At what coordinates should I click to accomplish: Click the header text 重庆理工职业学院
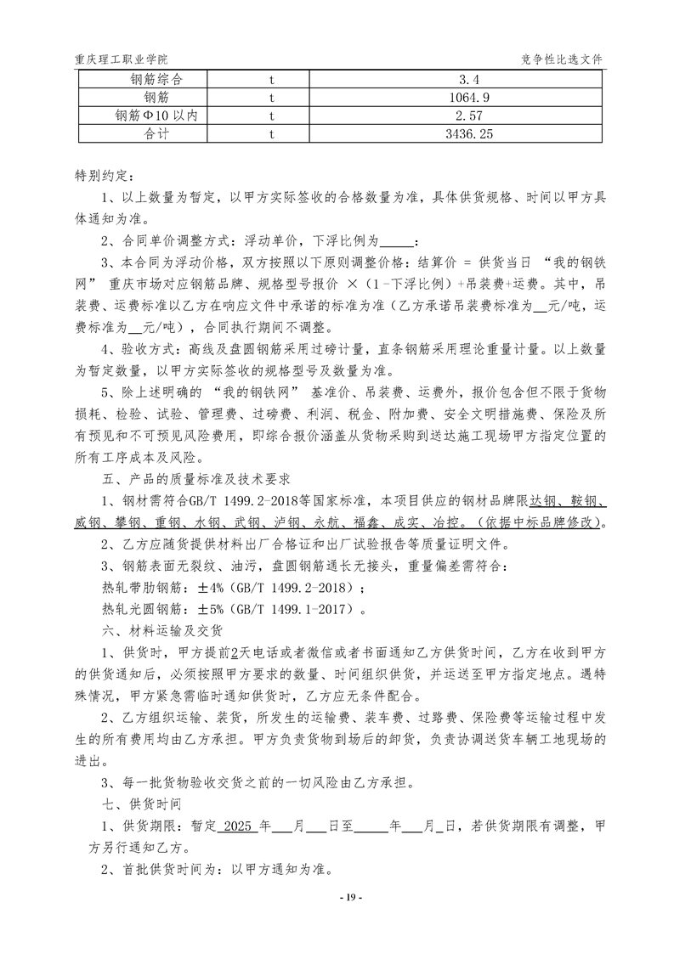pyautogui.click(x=121, y=59)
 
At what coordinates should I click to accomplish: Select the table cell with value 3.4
pyautogui.click(x=456, y=80)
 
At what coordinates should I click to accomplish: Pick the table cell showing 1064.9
pyautogui.click(x=456, y=98)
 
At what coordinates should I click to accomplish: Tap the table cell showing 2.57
pyautogui.click(x=456, y=116)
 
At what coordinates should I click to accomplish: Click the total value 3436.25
pyautogui.click(x=456, y=133)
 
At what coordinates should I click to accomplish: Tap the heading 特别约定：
pyautogui.click(x=104, y=177)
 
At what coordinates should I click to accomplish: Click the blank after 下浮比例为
pyautogui.click(x=399, y=241)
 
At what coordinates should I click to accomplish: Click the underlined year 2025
pyautogui.click(x=239, y=825)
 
